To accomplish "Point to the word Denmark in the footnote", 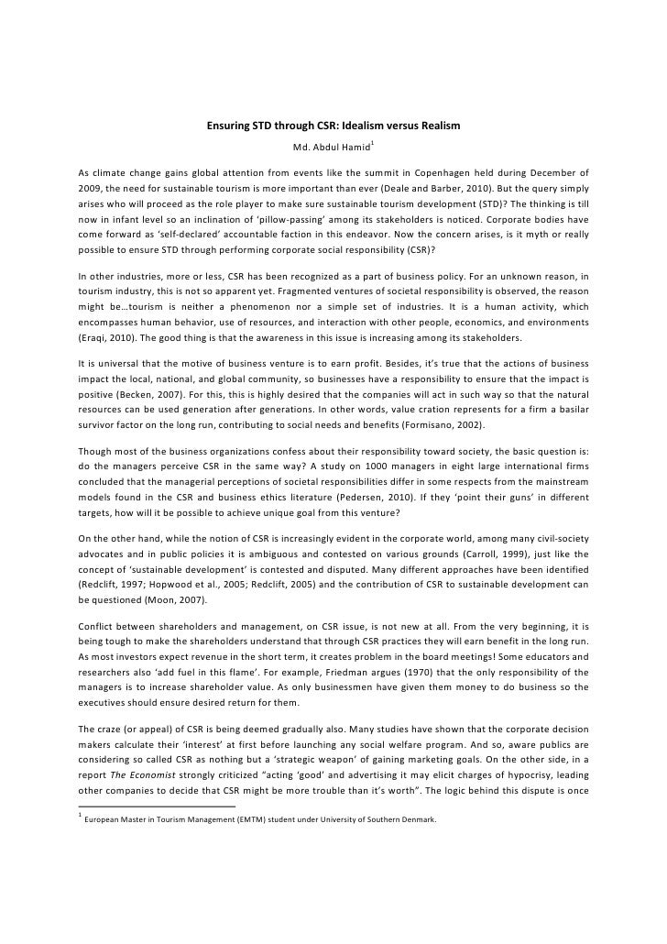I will click(x=420, y=870).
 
